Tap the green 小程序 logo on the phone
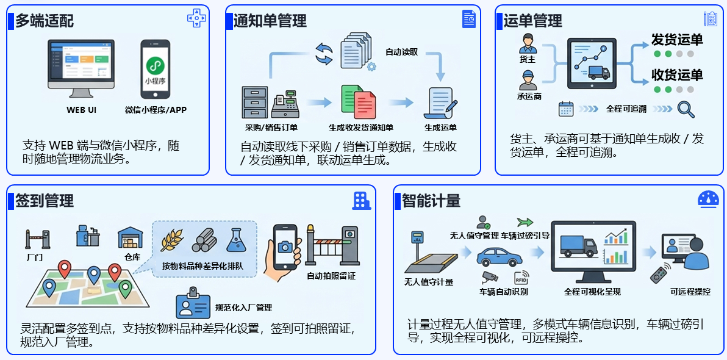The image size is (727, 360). click(x=156, y=66)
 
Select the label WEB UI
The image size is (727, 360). click(x=82, y=110)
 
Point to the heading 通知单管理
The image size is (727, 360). click(x=270, y=21)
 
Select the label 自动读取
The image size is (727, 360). click(x=402, y=52)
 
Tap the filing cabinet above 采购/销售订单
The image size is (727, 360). click(x=255, y=103)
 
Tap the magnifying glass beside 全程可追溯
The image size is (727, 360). click(x=686, y=109)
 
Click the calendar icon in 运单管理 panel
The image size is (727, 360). click(x=566, y=109)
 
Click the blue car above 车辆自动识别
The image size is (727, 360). click(x=499, y=256)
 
